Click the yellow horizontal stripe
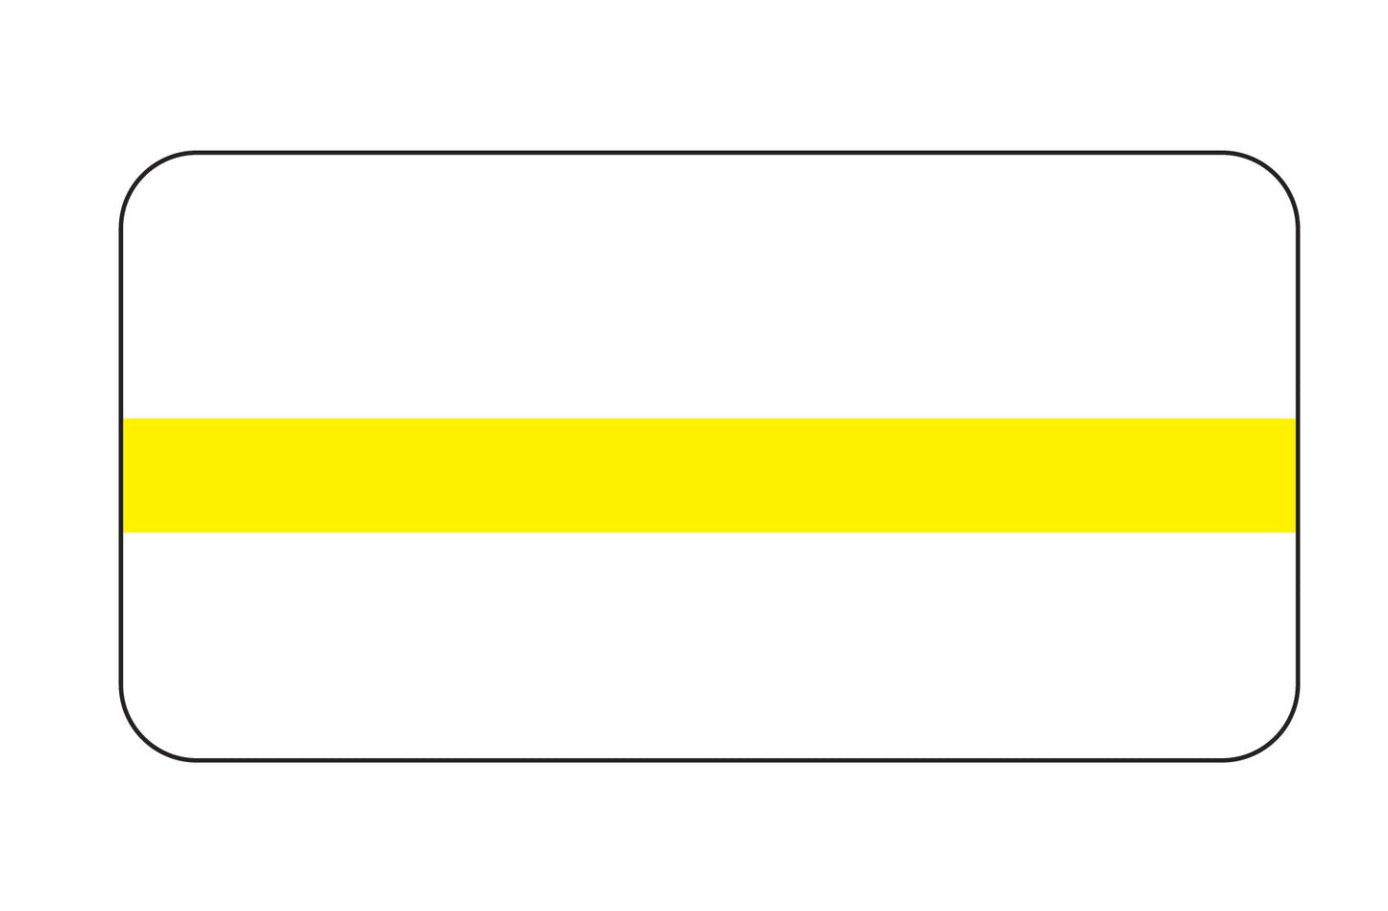709,475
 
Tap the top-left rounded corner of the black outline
144,175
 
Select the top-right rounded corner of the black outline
1276,175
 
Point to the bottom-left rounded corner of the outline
144,738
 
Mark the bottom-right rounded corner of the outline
1276,738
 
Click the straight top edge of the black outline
709,152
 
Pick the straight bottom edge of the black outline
709,760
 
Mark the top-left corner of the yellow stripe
125,420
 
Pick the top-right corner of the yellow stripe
1295,420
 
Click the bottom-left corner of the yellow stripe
125,530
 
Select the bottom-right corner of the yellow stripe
1295,530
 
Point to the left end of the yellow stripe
129,475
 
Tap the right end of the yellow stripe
1290,475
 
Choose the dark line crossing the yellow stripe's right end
1298,475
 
